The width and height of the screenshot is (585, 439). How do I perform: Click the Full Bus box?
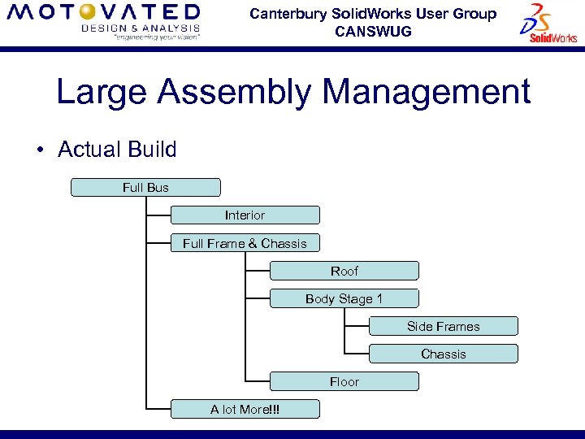pos(145,188)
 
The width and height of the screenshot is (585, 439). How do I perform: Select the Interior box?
pos(245,215)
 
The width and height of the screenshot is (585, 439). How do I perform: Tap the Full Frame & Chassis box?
pos(245,243)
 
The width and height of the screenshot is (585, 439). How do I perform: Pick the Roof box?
pos(344,271)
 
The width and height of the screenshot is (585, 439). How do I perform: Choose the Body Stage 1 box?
pos(344,298)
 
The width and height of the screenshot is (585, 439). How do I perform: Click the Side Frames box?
pos(443,326)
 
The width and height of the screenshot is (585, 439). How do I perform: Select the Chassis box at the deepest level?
pos(443,354)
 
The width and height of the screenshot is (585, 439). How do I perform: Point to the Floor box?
pos(344,381)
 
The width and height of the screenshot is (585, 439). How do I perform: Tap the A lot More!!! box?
pos(245,409)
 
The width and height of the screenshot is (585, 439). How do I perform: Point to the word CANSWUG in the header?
pos(373,32)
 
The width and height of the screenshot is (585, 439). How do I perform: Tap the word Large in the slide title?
pos(102,92)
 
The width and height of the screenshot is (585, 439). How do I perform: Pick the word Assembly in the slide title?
pos(236,92)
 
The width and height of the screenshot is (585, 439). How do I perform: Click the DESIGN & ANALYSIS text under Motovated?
pos(141,27)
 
